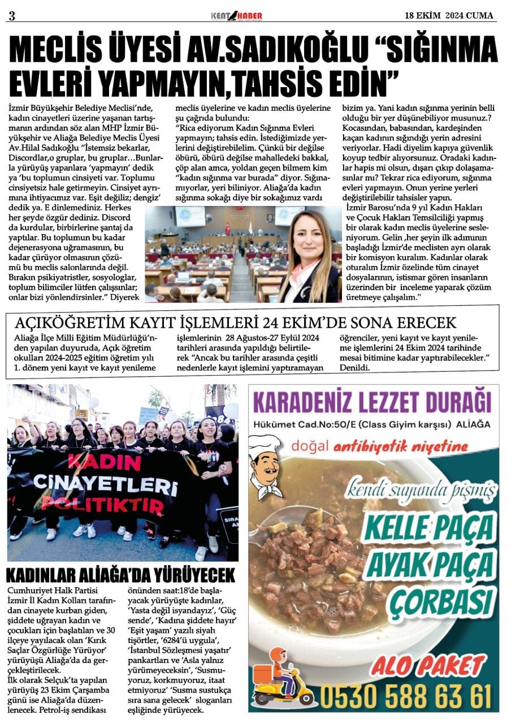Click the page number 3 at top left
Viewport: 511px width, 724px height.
11,16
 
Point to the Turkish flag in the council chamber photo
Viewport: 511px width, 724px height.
228,228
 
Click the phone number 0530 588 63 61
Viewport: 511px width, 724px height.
405,692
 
